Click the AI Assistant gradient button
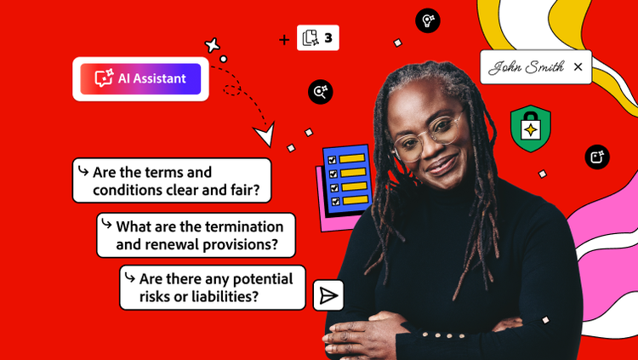click(140, 78)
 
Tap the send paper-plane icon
click(328, 295)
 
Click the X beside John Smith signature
click(578, 66)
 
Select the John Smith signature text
click(526, 67)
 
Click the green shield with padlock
click(531, 129)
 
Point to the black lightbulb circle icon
click(428, 20)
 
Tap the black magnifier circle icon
click(321, 92)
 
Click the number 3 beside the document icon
click(328, 38)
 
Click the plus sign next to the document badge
click(284, 39)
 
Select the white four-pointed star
click(213, 45)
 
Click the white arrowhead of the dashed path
click(265, 133)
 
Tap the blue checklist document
click(348, 180)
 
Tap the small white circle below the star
click(224, 59)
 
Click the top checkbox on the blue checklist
click(332, 160)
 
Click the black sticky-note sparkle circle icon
click(597, 157)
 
